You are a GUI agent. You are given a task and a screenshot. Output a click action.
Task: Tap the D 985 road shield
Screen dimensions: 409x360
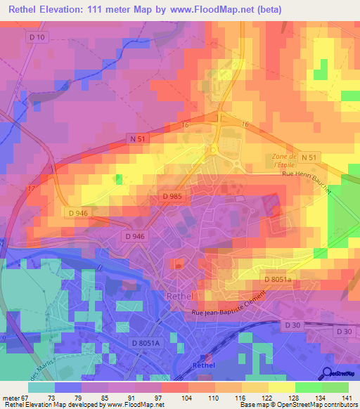click(171, 197)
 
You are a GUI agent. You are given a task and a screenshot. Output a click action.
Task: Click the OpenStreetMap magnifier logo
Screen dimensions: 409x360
click(327, 372)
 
